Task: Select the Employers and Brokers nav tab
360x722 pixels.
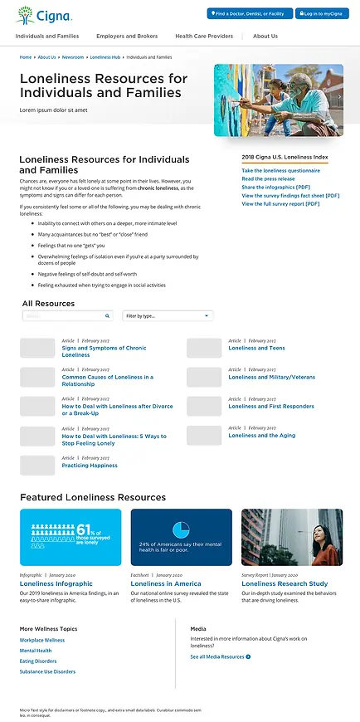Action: pos(127,37)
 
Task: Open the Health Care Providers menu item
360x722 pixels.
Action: pos(204,37)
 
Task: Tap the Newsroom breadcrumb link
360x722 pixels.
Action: pos(73,57)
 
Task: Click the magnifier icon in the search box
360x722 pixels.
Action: pos(108,316)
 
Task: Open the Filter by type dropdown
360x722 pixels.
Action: pos(168,316)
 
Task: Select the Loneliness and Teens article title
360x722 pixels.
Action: pos(256,349)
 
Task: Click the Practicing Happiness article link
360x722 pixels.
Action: pos(90,466)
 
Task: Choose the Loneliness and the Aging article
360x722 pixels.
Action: pos(261,436)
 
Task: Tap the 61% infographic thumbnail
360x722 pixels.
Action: pos(71,537)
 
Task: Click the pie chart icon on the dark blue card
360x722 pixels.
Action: pos(181,529)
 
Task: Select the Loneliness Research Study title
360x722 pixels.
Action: pos(285,584)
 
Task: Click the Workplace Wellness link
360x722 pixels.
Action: pos(42,641)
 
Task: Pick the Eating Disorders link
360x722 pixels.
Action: pos(38,661)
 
